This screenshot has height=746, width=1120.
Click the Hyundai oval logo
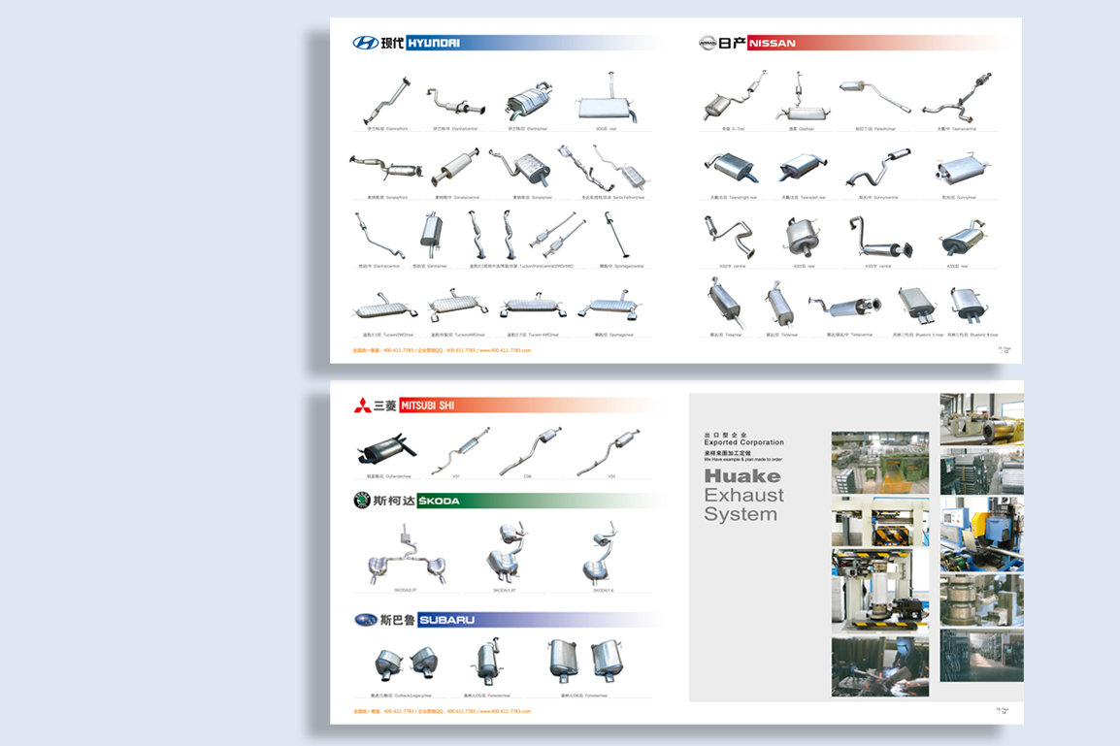click(366, 43)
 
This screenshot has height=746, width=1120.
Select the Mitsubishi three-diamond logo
click(361, 405)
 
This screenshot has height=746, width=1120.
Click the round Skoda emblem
click(362, 501)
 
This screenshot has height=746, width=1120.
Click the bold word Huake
click(742, 476)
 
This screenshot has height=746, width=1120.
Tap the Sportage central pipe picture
click(613, 236)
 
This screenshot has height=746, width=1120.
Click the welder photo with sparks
click(879, 665)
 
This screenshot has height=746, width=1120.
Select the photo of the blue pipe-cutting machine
click(981, 533)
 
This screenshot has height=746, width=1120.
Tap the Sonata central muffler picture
click(455, 168)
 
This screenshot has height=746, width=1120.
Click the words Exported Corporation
click(743, 442)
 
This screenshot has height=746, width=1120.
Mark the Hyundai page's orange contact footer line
click(442, 350)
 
